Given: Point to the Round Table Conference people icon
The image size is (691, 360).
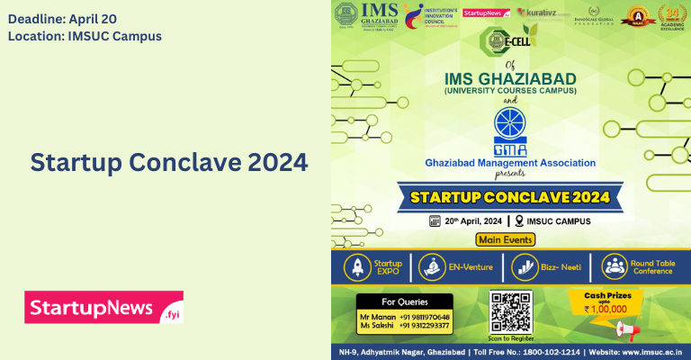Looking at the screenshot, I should (x=615, y=266).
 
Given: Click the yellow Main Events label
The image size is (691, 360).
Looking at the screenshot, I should (x=506, y=239).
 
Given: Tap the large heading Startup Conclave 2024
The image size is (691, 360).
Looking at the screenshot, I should (x=169, y=163).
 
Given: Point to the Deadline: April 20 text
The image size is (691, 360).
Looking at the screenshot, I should (x=62, y=18).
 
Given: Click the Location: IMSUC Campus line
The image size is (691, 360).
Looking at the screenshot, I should (x=85, y=36).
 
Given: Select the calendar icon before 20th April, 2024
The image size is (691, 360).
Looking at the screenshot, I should (x=434, y=220).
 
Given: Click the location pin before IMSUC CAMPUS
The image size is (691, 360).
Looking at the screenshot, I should (x=519, y=220).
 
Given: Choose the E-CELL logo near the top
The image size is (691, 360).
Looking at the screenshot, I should (x=503, y=39).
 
